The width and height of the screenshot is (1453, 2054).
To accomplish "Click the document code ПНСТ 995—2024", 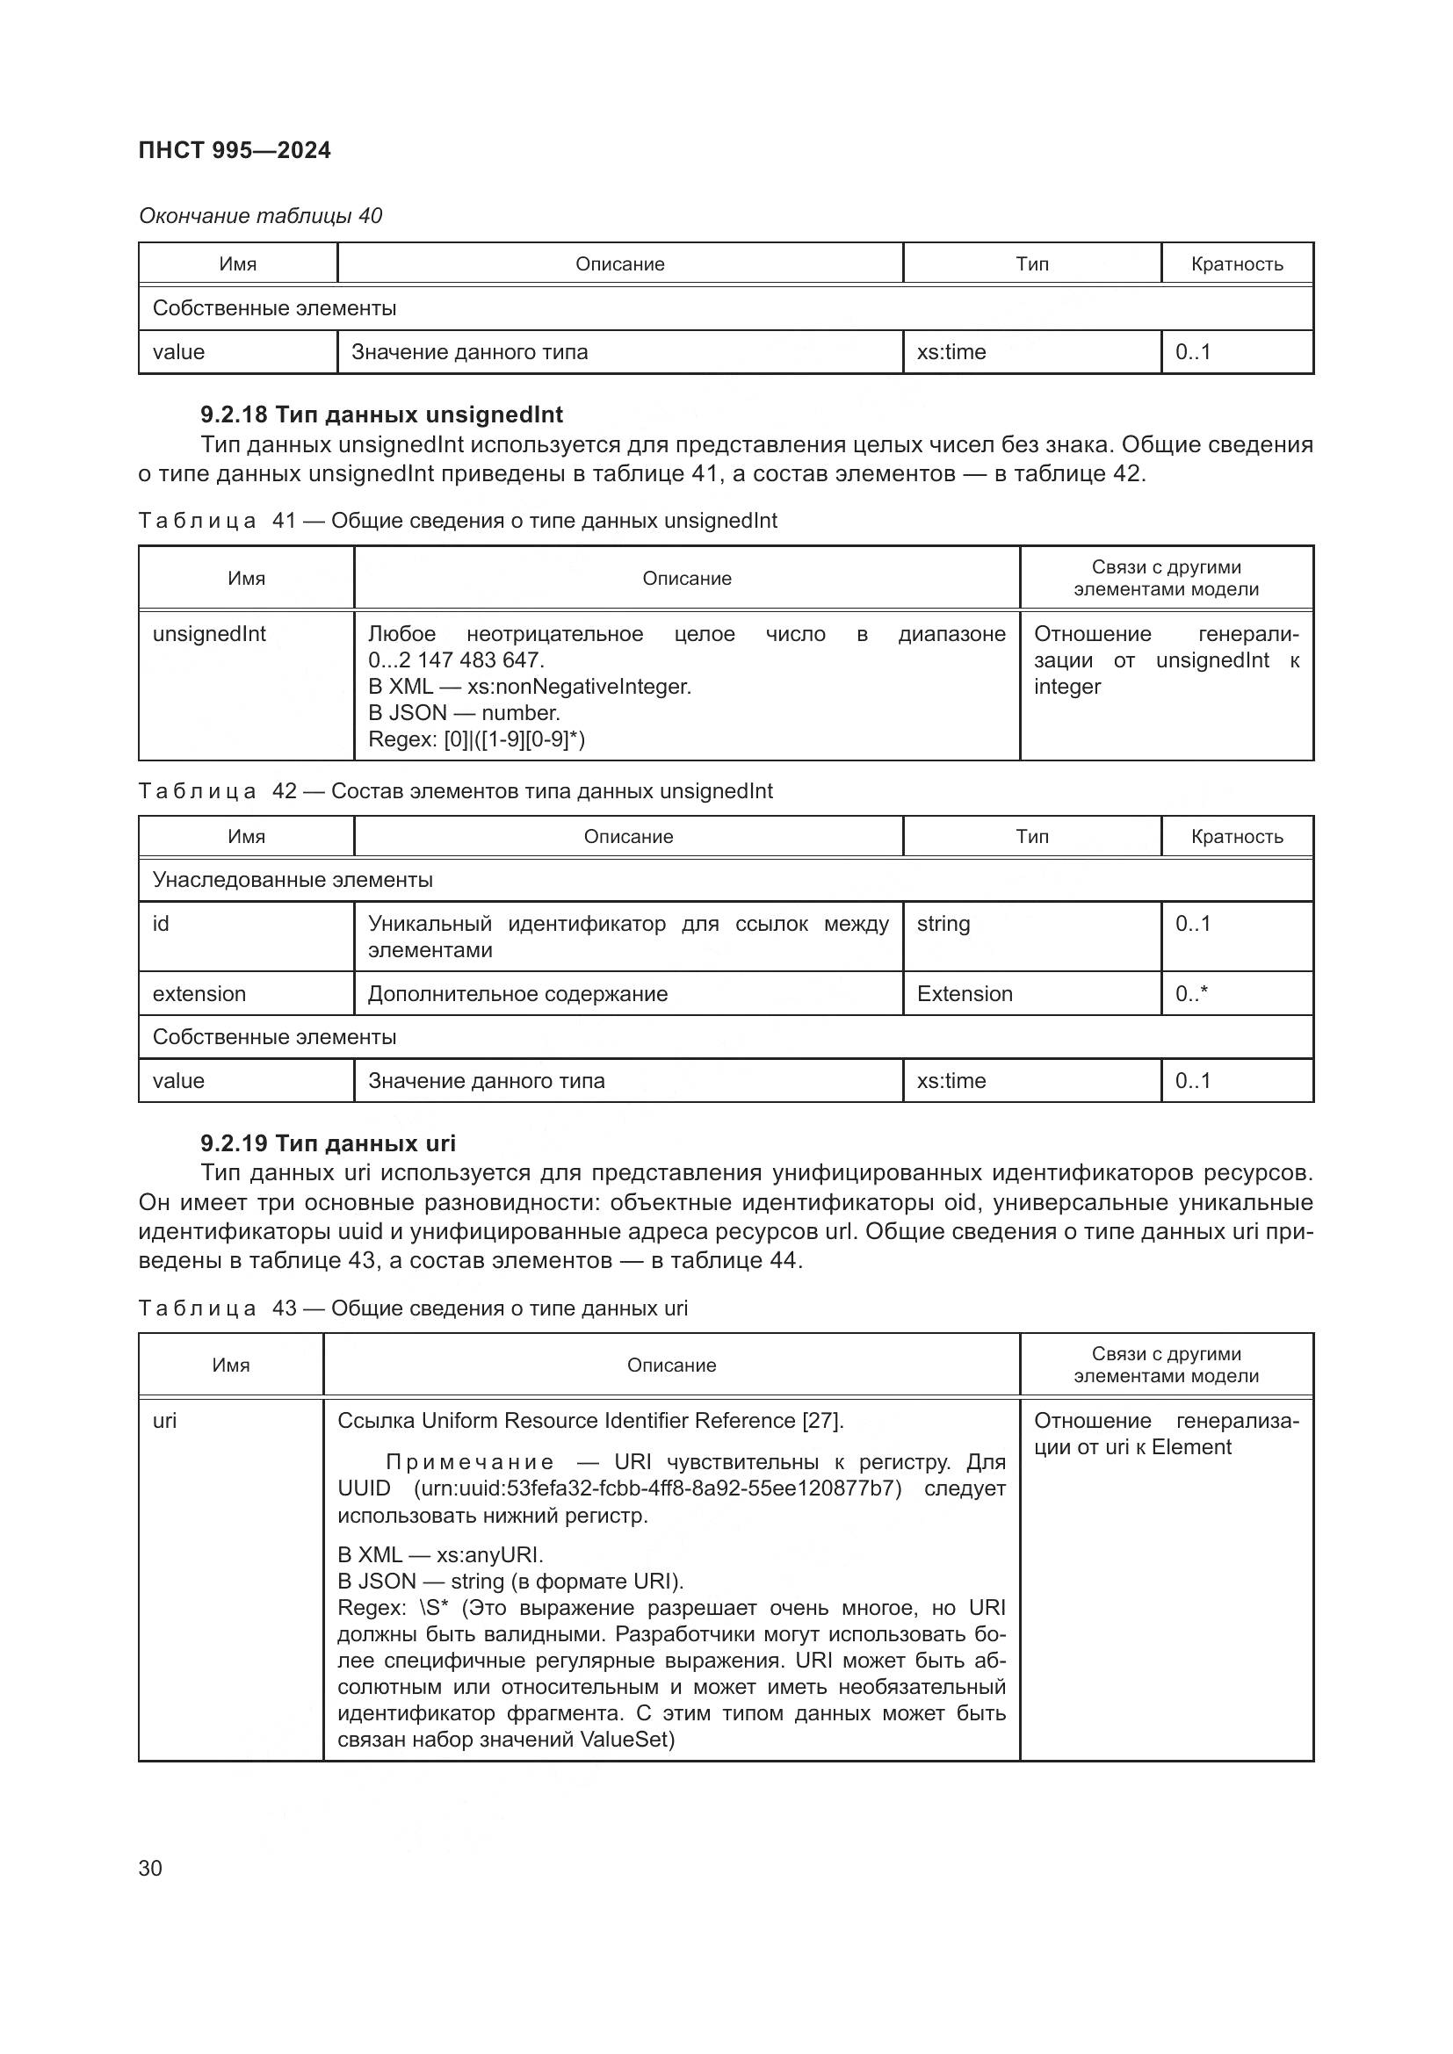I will (235, 150).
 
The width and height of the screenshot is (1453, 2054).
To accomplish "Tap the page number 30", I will (150, 1868).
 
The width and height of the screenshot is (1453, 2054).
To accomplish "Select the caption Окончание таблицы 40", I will (259, 216).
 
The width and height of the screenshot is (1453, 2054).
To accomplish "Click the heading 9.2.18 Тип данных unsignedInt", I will (381, 414).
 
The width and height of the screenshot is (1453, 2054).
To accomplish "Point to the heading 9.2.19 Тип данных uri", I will (328, 1143).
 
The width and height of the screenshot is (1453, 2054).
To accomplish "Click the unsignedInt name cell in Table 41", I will (209, 634).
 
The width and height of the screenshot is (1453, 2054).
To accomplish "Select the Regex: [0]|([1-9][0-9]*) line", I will (476, 739).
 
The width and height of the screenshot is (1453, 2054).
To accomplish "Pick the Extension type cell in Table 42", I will (965, 994).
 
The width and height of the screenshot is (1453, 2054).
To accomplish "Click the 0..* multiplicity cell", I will (1191, 994).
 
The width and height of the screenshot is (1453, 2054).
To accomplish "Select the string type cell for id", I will (943, 923).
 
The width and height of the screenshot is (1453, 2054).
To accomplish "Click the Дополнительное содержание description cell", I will (517, 994).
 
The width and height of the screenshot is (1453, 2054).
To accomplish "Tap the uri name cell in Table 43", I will (164, 1421).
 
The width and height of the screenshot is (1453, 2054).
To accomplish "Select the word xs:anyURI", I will (488, 1555).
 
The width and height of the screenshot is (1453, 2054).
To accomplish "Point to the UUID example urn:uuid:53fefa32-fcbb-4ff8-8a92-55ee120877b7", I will (658, 1488).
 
